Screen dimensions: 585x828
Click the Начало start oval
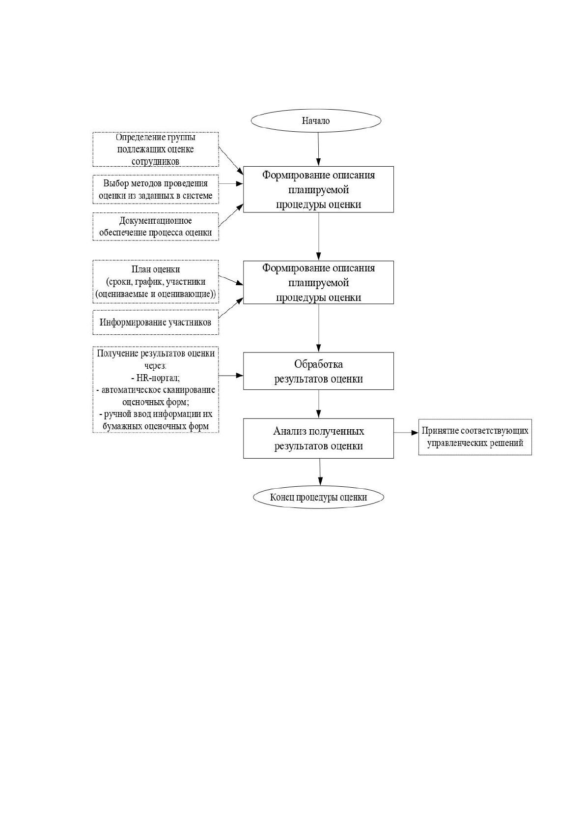[x=316, y=120]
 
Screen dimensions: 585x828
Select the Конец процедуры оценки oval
[x=318, y=497]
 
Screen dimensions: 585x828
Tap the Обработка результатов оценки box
[x=318, y=371]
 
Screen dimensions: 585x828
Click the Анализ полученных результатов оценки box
[x=318, y=439]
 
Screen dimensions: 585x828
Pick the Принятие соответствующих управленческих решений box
[x=475, y=437]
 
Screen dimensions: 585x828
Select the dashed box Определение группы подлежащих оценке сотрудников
[x=156, y=149]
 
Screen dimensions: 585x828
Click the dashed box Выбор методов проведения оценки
[x=156, y=189]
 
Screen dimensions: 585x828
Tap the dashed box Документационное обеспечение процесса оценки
[x=156, y=227]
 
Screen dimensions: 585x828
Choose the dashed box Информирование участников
[x=156, y=323]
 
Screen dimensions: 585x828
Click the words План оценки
[x=156, y=269]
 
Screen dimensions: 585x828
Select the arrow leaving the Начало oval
[x=318, y=149]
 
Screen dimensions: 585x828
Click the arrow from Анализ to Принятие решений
[x=406, y=433]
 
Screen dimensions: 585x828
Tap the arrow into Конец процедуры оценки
[x=320, y=472]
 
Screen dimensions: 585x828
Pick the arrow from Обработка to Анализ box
[x=318, y=404]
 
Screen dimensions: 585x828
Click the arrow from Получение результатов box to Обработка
[x=231, y=375]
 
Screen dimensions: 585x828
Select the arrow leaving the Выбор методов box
[x=231, y=183]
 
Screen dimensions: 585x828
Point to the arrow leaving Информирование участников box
[x=231, y=308]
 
